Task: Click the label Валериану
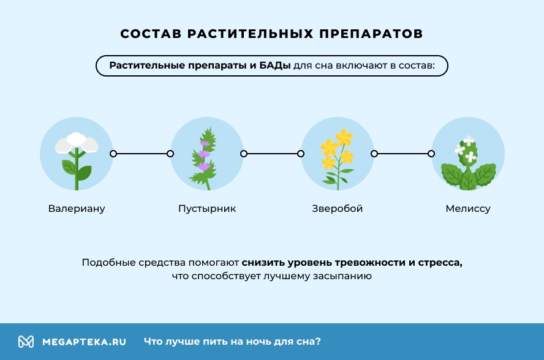[77, 209]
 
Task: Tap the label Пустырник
[207, 209]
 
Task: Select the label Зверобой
[338, 209]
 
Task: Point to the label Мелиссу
[468, 209]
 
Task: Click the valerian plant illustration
[77, 154]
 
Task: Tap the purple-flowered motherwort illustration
[206, 154]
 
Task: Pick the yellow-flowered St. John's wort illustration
[338, 154]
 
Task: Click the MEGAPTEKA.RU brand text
[84, 342]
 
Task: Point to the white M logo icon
[26, 342]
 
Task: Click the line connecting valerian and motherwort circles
[142, 154]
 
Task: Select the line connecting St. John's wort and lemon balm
[402, 154]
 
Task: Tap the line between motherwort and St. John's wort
[272, 154]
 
